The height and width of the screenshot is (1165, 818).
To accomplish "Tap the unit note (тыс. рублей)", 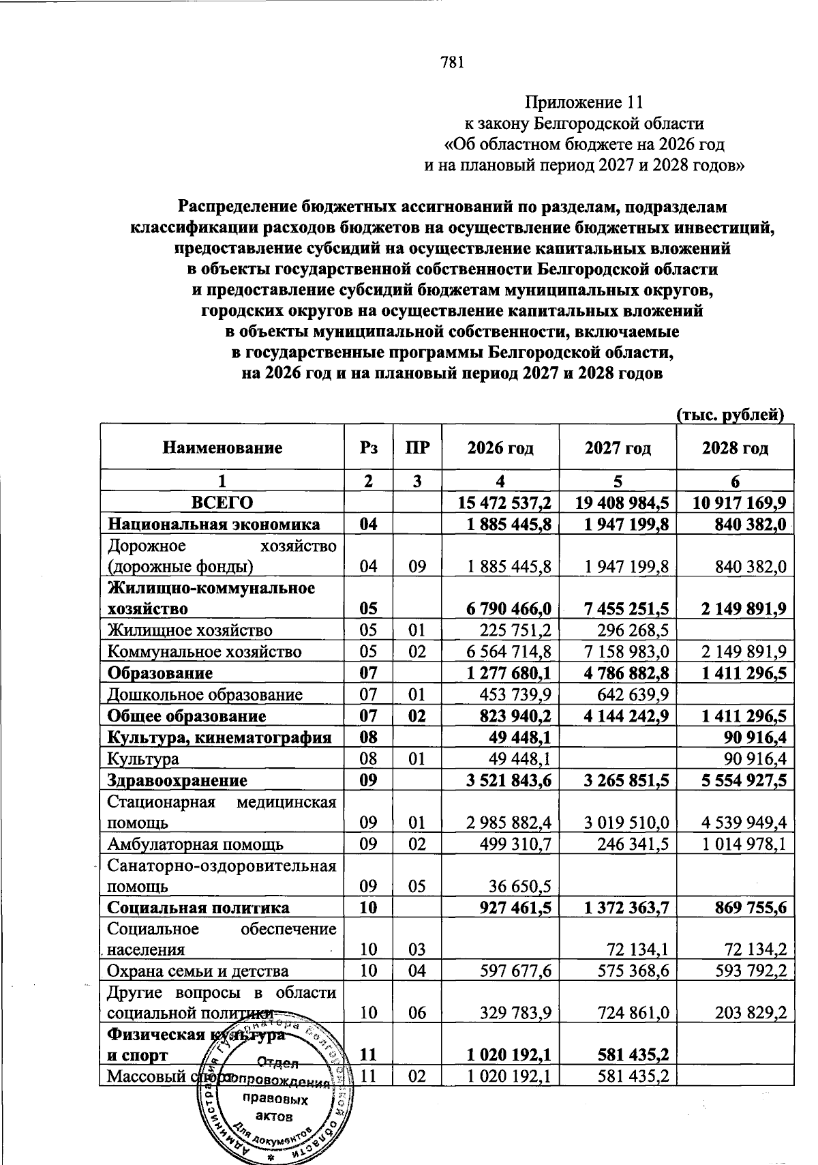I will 730,414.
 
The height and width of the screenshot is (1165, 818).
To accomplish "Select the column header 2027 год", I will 618,448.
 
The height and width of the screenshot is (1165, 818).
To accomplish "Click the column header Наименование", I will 222,448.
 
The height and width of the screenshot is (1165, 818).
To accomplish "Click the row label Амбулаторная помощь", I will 196,844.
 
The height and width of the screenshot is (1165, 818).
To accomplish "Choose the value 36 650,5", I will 520,887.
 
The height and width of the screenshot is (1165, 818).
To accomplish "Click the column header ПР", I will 417,448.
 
